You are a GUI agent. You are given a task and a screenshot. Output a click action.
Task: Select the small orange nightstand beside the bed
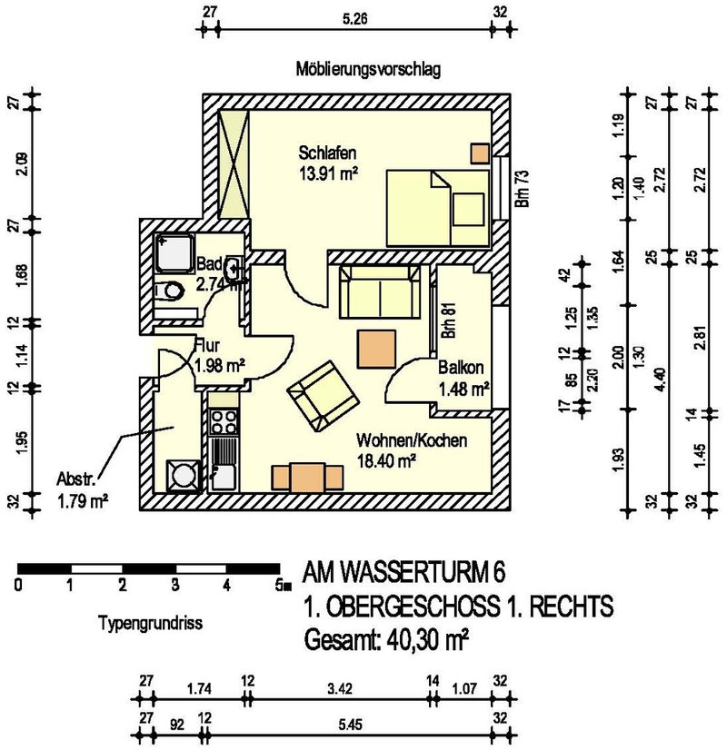click(x=479, y=153)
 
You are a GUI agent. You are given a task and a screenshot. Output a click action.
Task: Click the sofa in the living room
click(x=380, y=290)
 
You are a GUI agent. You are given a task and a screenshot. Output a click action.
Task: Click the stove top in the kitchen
click(x=223, y=420)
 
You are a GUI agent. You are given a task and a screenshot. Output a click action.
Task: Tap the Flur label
click(x=207, y=345)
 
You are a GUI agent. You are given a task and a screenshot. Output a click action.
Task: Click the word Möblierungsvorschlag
click(x=368, y=70)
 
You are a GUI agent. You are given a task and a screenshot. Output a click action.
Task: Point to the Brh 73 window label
click(x=523, y=188)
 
